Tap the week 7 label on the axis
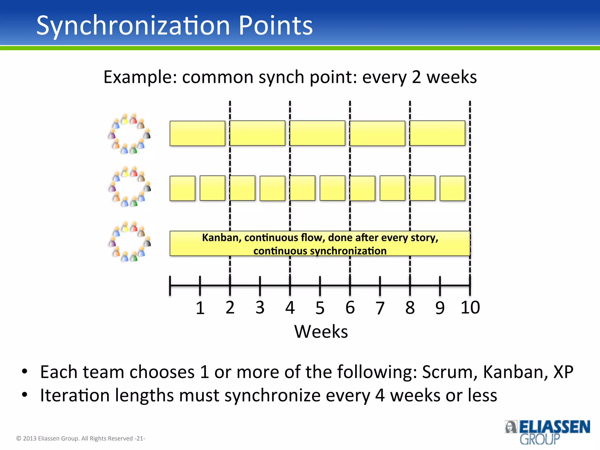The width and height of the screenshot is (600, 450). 380,308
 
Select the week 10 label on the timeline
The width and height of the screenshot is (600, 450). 470,308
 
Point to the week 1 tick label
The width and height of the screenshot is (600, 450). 200,308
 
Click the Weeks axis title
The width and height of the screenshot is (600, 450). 321,332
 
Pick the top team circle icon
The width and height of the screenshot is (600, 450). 130,133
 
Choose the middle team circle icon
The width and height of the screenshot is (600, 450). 130,186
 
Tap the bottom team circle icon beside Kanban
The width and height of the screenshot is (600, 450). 130,241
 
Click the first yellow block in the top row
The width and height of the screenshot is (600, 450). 197,133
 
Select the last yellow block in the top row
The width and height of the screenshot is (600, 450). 437,133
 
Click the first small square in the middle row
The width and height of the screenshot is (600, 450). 182,188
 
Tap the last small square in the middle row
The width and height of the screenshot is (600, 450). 452,188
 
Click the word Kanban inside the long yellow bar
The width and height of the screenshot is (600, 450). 221,238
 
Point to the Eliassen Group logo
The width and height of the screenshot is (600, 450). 547,432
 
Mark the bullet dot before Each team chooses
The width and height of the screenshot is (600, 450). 25,371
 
